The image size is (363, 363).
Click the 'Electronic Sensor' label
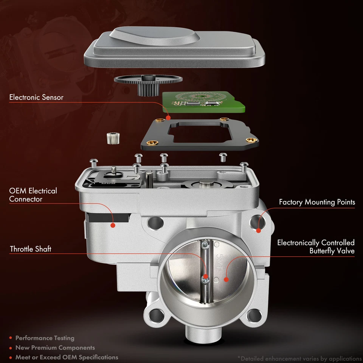[x=36, y=98]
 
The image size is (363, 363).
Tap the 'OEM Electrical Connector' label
[x=33, y=195]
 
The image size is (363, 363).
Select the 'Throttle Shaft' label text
[x=31, y=249]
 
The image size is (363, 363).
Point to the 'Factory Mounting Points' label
[x=317, y=202]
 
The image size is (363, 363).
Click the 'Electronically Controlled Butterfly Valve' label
[x=316, y=247]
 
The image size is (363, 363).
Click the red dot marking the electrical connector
[x=112, y=225]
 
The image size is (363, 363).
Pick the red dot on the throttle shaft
[x=205, y=276]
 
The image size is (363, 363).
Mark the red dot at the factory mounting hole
[x=259, y=230]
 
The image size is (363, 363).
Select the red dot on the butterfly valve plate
[x=226, y=280]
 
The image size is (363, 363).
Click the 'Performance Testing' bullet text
[x=45, y=338]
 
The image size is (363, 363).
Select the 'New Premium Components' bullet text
[x=55, y=347]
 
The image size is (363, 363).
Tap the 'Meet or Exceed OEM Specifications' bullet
[x=67, y=357]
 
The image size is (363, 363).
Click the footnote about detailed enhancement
[x=299, y=358]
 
